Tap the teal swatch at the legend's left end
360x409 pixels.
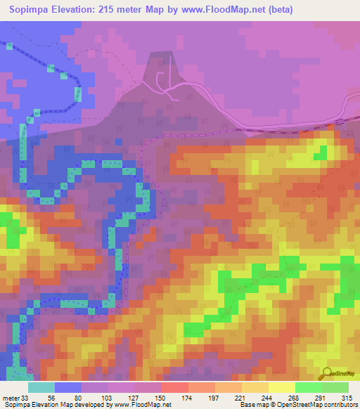[x=41, y=387]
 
